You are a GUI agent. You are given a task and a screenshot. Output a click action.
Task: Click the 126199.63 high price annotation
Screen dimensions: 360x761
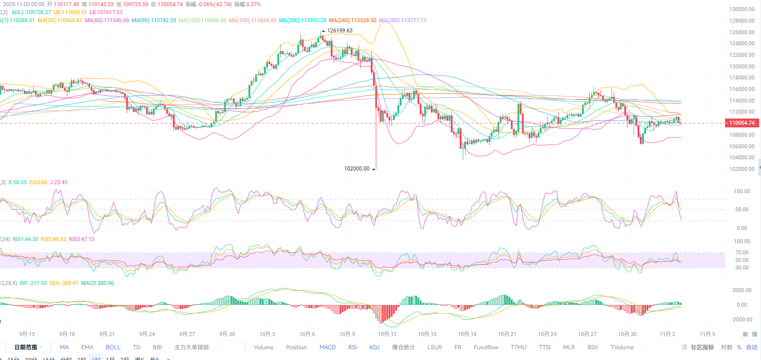click(x=339, y=31)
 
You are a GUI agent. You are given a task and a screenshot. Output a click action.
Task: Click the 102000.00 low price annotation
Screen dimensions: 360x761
click(x=357, y=169)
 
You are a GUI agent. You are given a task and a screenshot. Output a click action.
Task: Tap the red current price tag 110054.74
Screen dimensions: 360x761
click(x=741, y=123)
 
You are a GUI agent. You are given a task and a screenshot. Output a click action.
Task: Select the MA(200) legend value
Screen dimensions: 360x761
click(x=302, y=20)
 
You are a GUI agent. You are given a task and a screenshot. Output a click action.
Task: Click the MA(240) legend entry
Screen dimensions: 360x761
click(x=352, y=20)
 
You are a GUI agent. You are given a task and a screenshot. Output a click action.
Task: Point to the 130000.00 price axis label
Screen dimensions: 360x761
click(x=741, y=9)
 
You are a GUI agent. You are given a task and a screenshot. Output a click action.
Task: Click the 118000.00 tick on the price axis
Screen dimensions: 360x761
click(x=741, y=78)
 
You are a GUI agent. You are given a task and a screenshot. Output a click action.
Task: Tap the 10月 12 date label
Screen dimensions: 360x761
click(x=387, y=334)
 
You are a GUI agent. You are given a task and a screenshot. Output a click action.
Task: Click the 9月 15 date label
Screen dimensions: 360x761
click(x=27, y=334)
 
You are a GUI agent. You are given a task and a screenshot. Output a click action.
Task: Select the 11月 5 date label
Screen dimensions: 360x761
click(x=707, y=334)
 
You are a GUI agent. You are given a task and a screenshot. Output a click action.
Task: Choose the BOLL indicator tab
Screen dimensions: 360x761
click(x=113, y=348)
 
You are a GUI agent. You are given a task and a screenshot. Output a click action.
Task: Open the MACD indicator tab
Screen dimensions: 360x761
click(x=327, y=348)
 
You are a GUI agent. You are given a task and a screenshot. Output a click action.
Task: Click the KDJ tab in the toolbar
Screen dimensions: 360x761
click(x=375, y=348)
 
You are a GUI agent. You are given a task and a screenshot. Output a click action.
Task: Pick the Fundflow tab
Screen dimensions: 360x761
click(x=486, y=348)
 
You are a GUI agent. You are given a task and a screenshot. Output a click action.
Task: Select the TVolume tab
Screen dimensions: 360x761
click(x=622, y=348)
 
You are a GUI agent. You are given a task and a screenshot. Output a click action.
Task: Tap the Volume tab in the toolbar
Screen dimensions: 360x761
click(x=264, y=348)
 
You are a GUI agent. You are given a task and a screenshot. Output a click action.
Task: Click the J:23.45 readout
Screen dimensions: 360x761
click(x=59, y=182)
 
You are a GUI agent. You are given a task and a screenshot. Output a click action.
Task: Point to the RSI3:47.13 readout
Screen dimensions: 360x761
click(x=82, y=239)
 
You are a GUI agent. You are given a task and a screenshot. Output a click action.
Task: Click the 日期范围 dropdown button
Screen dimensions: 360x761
click(x=28, y=348)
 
